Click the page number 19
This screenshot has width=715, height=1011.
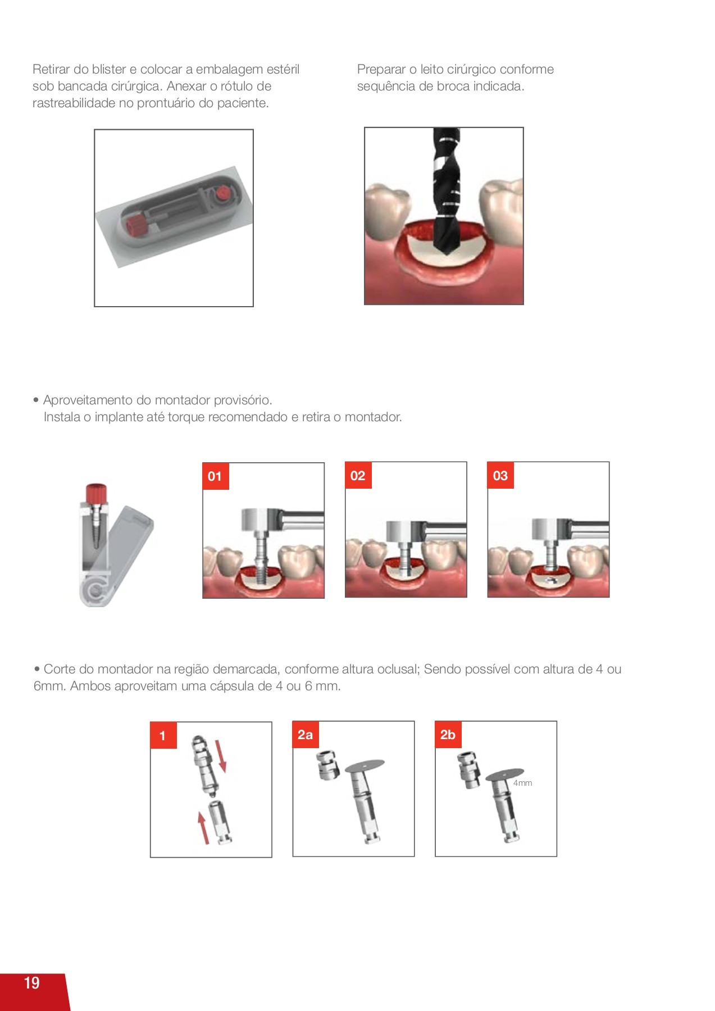[31, 982]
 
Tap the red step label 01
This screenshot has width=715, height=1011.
[215, 476]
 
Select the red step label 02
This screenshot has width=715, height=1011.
[358, 476]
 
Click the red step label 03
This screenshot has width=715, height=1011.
[500, 476]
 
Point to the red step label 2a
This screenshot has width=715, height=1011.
[306, 735]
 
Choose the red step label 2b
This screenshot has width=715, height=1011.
[448, 735]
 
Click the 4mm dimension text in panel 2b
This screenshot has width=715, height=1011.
[522, 783]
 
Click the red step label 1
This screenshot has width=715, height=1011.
[163, 736]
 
